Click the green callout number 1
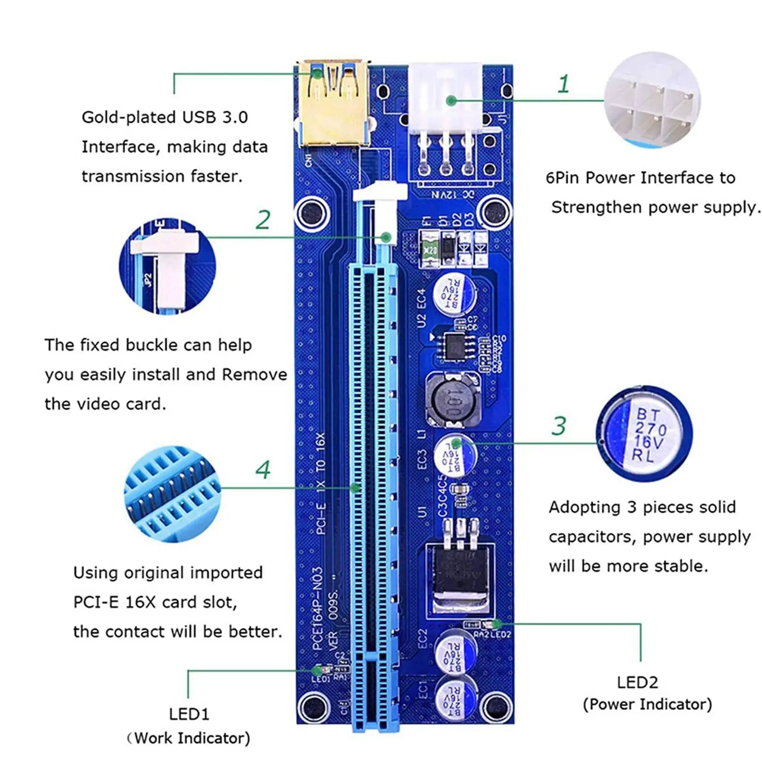[x=563, y=84]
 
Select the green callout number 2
[x=263, y=220]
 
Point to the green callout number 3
[x=559, y=426]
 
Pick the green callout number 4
[x=263, y=470]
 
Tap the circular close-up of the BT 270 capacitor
[x=644, y=433]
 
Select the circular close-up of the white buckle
[x=167, y=266]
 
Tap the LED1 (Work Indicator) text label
[x=189, y=726]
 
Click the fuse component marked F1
[x=430, y=249]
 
